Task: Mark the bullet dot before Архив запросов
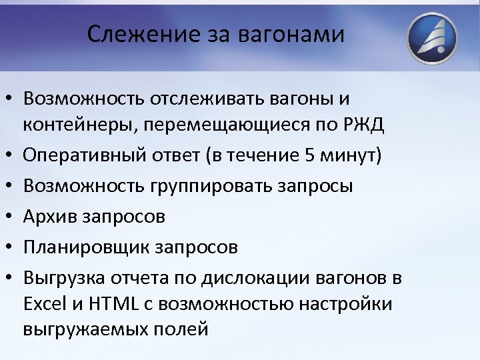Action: click(9, 217)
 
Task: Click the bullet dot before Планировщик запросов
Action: click(9, 248)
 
